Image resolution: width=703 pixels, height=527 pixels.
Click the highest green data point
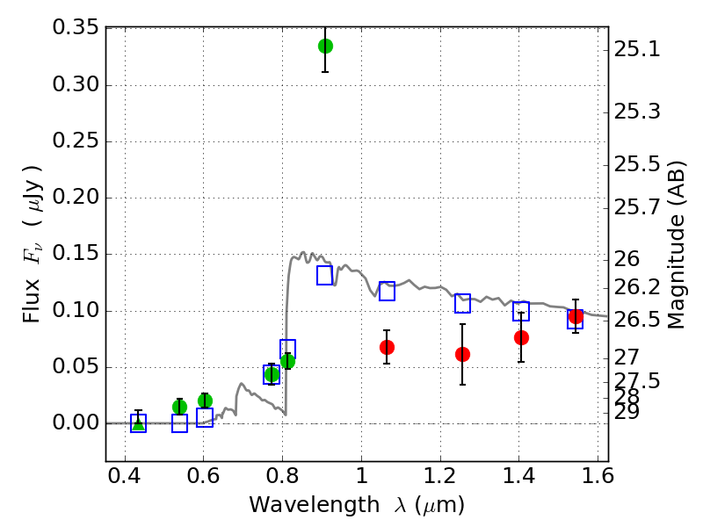click(x=325, y=46)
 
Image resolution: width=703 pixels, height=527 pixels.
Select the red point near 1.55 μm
click(x=576, y=317)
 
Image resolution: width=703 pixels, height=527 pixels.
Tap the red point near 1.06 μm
click(x=387, y=347)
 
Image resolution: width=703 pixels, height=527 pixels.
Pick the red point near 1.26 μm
click(x=462, y=354)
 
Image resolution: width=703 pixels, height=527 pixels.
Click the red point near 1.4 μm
click(x=521, y=337)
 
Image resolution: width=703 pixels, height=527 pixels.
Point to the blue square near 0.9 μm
click(x=325, y=276)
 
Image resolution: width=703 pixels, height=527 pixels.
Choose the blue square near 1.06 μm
click(x=387, y=291)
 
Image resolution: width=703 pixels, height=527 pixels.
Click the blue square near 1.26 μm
click(x=462, y=303)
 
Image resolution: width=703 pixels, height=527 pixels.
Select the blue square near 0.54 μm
click(x=180, y=423)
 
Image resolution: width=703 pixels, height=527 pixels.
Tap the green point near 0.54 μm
click(x=180, y=407)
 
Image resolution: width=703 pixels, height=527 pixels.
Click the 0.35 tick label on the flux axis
click(x=76, y=28)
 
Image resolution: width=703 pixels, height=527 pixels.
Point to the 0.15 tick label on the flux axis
click(x=76, y=255)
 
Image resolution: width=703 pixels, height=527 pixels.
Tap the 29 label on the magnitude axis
click(x=629, y=411)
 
